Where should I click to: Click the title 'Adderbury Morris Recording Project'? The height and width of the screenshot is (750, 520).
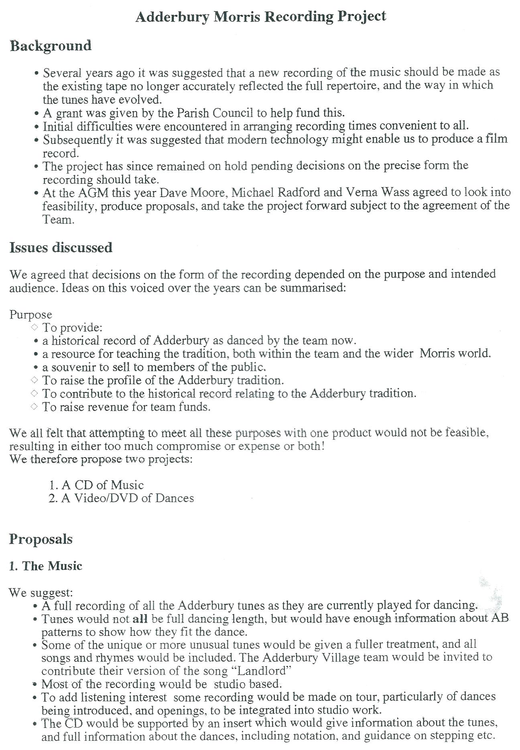(260, 17)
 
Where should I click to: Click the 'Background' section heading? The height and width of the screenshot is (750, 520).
(51, 46)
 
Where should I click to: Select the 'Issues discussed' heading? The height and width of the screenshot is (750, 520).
(61, 248)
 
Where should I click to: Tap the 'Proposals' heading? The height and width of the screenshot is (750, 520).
(41, 539)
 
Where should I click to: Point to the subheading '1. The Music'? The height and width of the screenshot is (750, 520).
(45, 566)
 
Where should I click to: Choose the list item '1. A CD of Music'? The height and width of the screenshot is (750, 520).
(96, 485)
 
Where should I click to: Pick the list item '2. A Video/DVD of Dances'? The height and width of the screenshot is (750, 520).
(121, 498)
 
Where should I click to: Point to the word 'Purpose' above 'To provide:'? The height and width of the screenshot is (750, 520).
(30, 315)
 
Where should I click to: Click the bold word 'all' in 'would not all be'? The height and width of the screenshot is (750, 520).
(140, 619)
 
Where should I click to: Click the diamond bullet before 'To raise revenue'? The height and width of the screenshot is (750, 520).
(34, 407)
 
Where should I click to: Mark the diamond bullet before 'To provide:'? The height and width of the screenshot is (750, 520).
(34, 327)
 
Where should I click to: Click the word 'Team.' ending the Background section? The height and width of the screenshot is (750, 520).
(59, 220)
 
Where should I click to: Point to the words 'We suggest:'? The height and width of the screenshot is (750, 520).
(41, 592)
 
